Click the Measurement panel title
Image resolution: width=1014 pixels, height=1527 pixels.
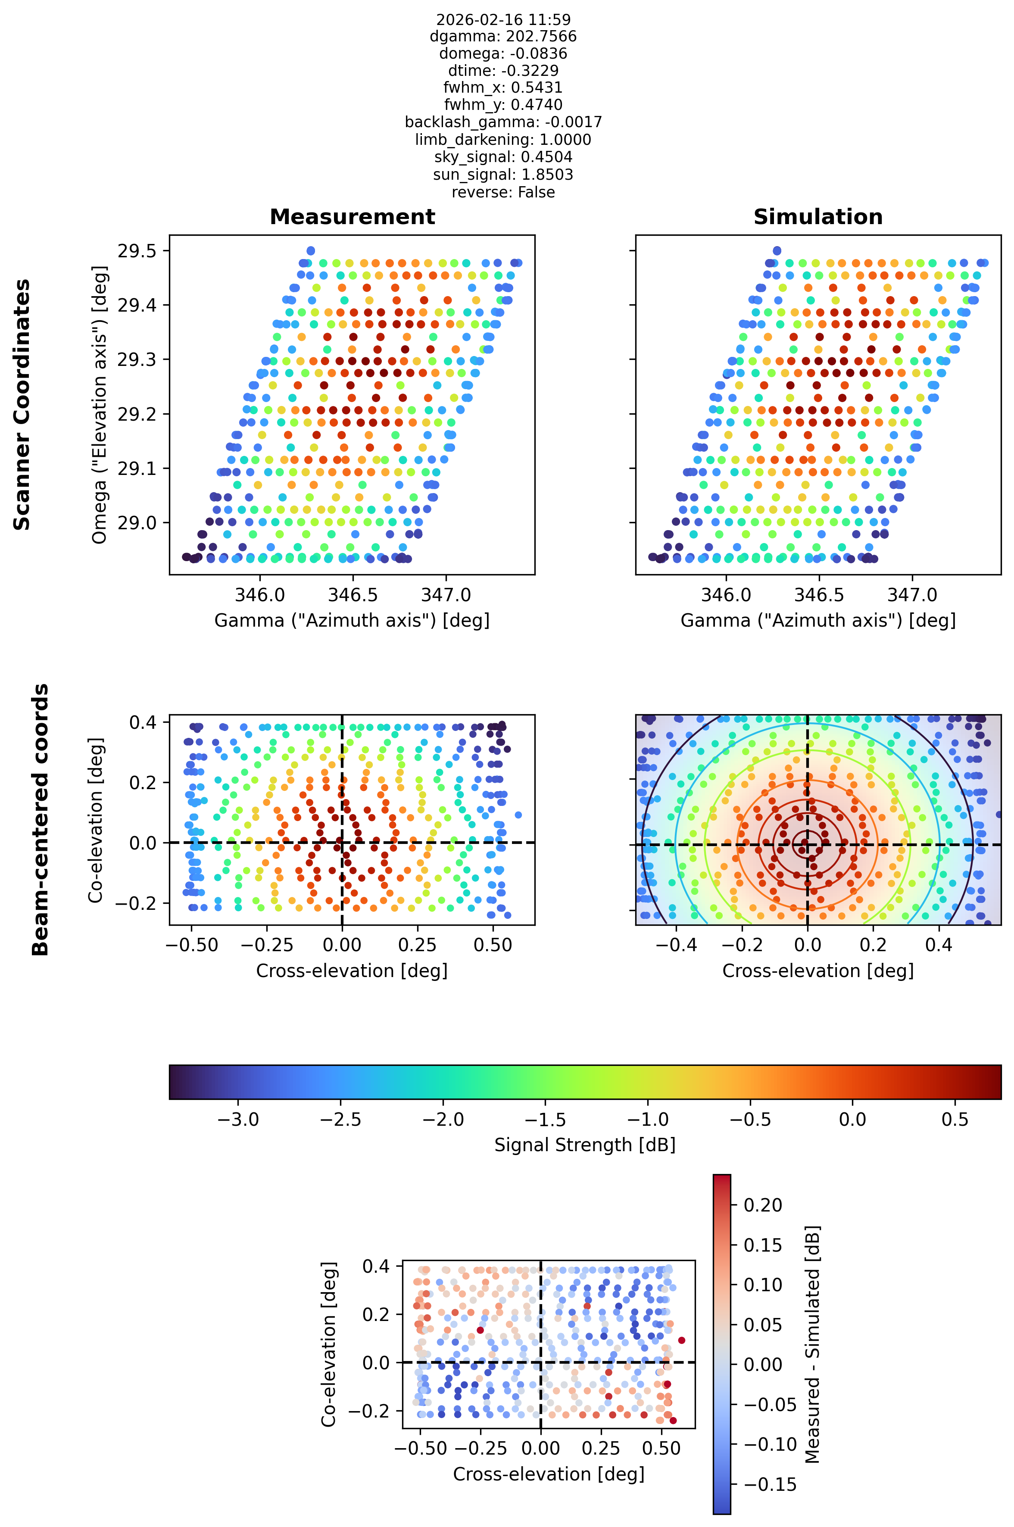pos(353,217)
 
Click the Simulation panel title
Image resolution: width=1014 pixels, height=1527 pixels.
pos(818,217)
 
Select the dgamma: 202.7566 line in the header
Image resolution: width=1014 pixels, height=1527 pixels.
pos(503,36)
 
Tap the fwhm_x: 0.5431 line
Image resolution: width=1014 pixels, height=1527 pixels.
pos(503,87)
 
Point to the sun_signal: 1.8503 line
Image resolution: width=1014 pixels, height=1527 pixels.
pos(503,175)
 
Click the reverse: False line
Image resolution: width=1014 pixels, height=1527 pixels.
pos(503,192)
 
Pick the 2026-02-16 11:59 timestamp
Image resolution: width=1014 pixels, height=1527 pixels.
pos(503,19)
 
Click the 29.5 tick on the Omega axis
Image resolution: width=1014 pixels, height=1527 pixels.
pos(137,251)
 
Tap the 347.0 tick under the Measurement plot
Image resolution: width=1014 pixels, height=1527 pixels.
pos(446,595)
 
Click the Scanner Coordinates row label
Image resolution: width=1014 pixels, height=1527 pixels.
pos(22,404)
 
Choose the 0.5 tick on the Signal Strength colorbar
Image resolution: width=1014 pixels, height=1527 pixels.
pos(955,1120)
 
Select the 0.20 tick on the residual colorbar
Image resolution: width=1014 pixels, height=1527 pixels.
pos(763,1205)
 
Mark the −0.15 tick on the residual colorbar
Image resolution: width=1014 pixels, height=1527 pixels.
pos(770,1484)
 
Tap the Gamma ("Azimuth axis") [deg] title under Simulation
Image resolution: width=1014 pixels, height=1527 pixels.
pos(818,620)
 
